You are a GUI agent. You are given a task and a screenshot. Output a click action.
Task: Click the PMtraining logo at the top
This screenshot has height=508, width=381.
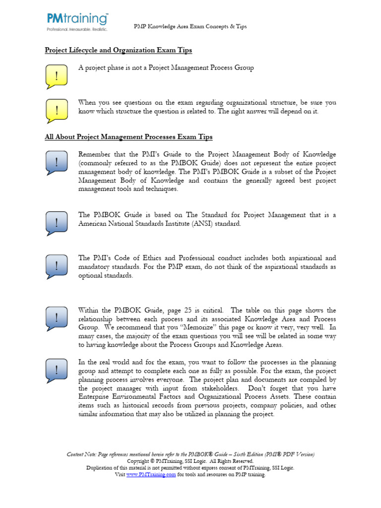[x=77, y=21]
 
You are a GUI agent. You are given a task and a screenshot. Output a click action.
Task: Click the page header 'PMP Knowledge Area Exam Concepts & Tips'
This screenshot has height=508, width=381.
[x=190, y=26]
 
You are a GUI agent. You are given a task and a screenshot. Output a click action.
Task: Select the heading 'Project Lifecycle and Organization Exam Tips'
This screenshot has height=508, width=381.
[x=119, y=50]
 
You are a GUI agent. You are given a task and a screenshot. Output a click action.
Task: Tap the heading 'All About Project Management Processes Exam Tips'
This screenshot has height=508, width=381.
[x=128, y=136]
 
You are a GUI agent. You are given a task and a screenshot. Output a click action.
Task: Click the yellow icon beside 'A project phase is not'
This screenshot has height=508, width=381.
[x=57, y=76]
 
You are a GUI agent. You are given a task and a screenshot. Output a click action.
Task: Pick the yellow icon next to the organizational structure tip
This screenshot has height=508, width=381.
[x=57, y=111]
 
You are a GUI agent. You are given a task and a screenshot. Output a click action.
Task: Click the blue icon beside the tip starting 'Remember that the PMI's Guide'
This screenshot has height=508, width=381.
[x=57, y=162]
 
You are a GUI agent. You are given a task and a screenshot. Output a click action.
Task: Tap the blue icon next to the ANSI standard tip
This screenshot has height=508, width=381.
[x=57, y=223]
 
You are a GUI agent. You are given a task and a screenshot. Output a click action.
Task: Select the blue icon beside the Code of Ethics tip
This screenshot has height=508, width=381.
[x=57, y=266]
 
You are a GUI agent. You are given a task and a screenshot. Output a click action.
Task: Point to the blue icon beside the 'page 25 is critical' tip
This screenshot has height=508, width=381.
[x=57, y=318]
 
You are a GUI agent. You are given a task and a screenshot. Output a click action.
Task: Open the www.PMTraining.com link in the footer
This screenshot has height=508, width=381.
[x=151, y=475]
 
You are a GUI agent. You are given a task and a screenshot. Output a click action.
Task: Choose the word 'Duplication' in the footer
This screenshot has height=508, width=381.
[x=101, y=468]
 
